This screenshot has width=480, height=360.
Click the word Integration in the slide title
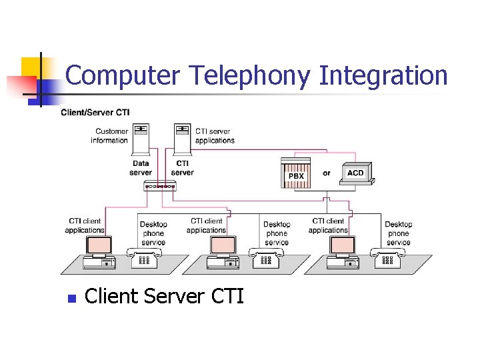click(x=383, y=76)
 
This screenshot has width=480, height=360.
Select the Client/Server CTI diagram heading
click(x=95, y=112)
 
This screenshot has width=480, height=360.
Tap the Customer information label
click(x=109, y=136)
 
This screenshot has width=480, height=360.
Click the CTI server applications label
click(x=215, y=136)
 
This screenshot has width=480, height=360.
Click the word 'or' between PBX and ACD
click(x=326, y=173)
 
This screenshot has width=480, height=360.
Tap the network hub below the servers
click(x=160, y=186)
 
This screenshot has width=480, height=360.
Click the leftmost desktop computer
click(x=99, y=252)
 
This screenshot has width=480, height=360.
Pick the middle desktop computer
click(x=221, y=252)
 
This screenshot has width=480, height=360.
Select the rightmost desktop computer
click(x=343, y=252)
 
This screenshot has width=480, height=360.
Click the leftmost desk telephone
click(x=142, y=258)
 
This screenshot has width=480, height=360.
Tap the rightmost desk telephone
click(x=387, y=258)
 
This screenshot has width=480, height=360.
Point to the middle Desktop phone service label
click(x=276, y=233)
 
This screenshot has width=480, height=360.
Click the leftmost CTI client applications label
click(x=85, y=225)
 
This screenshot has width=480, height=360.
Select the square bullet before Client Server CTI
click(x=72, y=298)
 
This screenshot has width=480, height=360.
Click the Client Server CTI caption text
click(x=165, y=296)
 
